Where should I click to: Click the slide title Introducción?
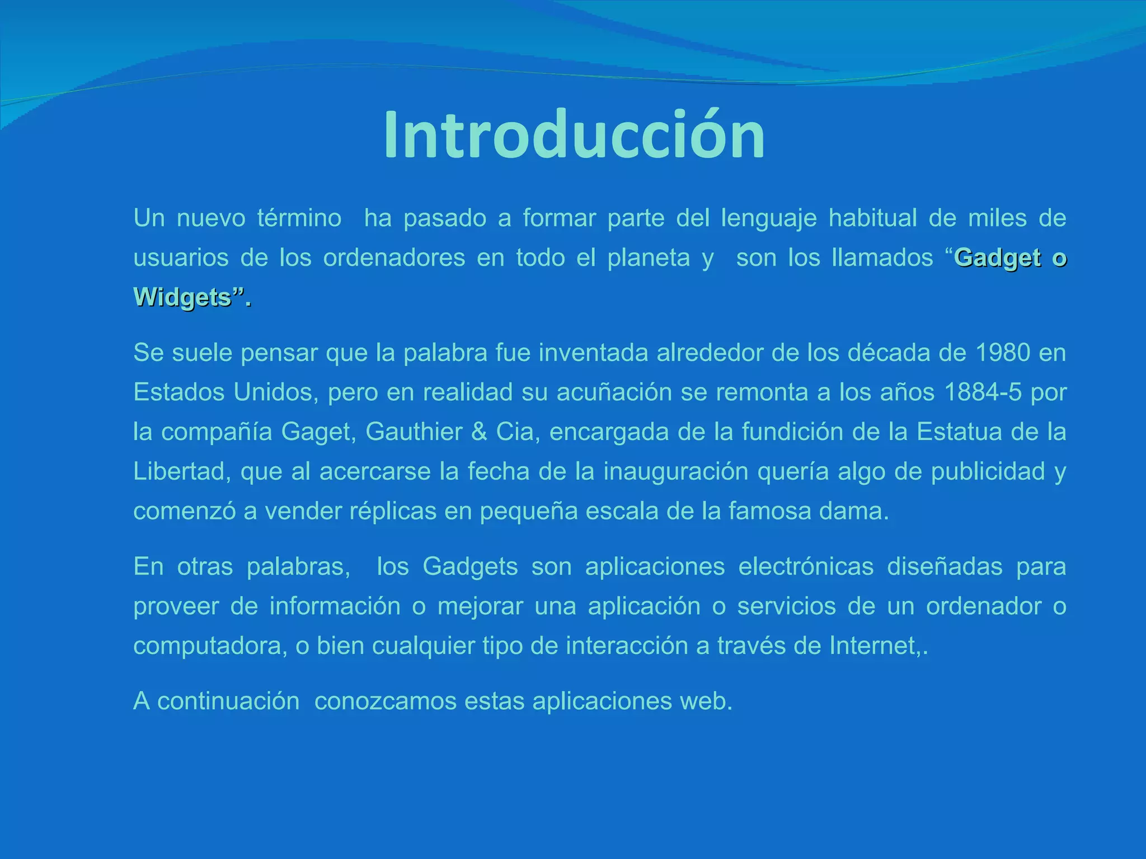tap(574, 136)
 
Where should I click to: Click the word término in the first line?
tap(299, 218)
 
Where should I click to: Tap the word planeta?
tap(649, 258)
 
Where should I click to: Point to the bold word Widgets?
tap(182, 298)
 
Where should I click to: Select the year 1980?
tap(1002, 353)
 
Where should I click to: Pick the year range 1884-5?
tap(983, 393)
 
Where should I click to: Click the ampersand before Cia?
tap(478, 432)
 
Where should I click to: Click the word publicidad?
tap(988, 472)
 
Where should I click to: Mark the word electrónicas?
tap(806, 567)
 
